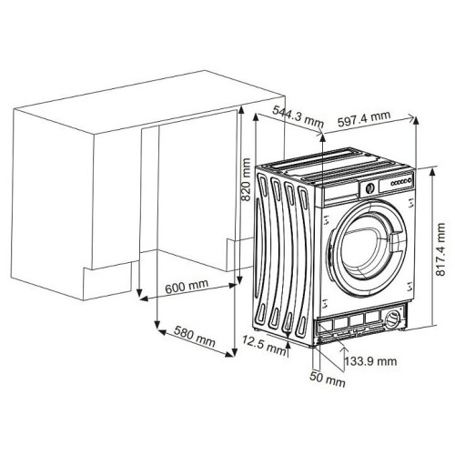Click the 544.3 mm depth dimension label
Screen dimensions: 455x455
[298, 116]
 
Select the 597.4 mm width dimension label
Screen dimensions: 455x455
[364, 119]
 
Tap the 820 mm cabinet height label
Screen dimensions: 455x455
[246, 179]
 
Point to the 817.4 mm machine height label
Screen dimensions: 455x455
[440, 249]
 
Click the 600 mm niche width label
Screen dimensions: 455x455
[187, 286]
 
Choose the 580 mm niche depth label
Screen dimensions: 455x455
[195, 337]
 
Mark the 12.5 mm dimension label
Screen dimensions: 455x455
[264, 346]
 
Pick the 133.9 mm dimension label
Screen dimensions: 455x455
[370, 361]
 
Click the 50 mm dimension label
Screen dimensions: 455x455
[328, 379]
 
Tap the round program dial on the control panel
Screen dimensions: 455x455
[369, 188]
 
